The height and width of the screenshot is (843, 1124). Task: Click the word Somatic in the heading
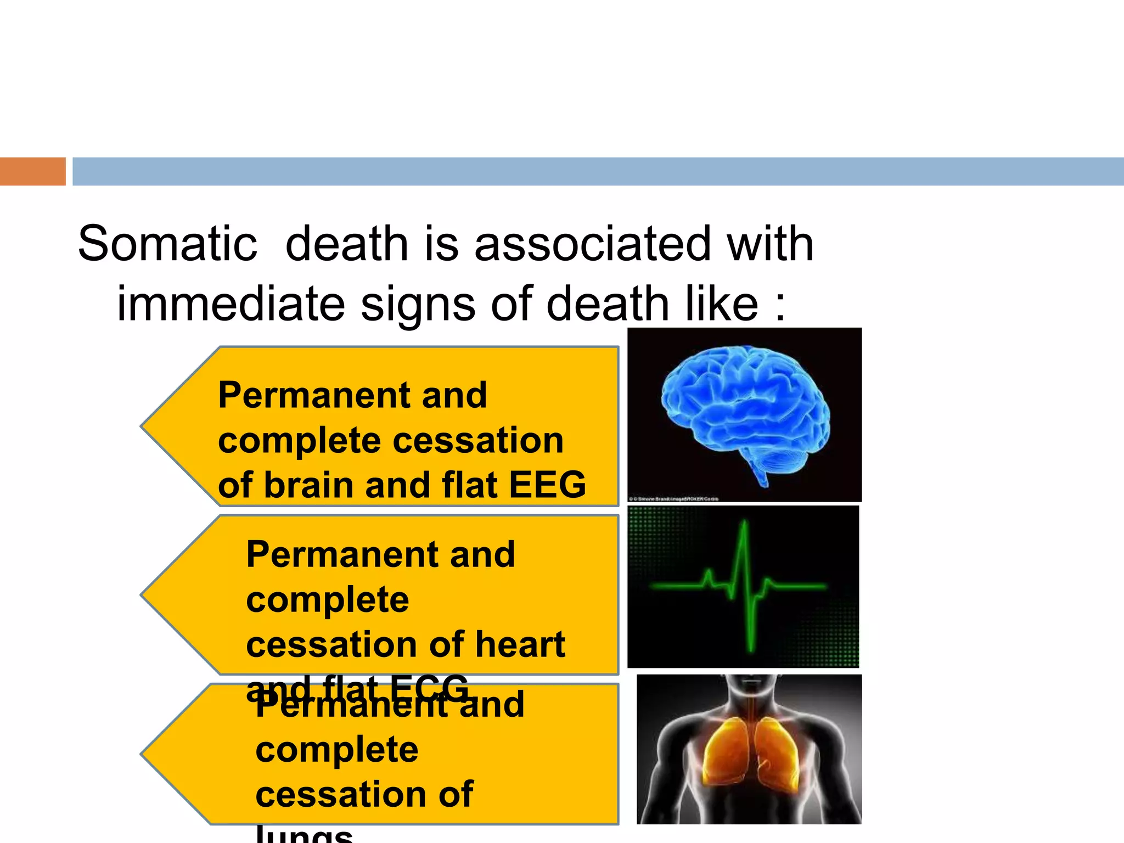pyautogui.click(x=167, y=244)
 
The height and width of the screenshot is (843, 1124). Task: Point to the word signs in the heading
pyautogui.click(x=418, y=305)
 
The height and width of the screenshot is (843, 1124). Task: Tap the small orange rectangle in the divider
pyautogui.click(x=32, y=171)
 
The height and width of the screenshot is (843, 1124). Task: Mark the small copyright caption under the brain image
pyautogui.click(x=674, y=499)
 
